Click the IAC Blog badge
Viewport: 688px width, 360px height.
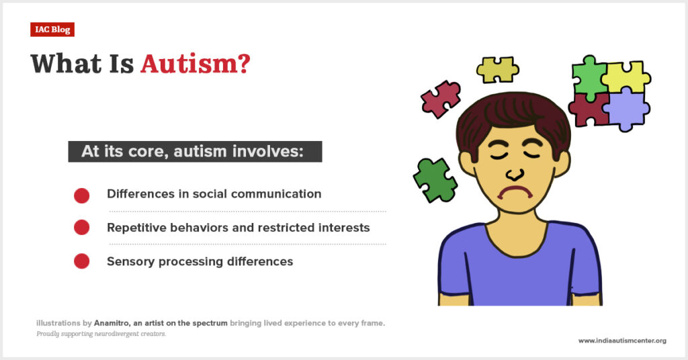click(52, 30)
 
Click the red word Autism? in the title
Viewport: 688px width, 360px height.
click(196, 64)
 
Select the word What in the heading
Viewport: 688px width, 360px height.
click(66, 64)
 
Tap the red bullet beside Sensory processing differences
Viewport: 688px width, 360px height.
click(81, 261)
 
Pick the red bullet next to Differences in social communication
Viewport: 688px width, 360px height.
click(81, 195)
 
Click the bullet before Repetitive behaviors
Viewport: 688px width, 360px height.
click(81, 228)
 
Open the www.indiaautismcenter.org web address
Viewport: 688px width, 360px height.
click(622, 341)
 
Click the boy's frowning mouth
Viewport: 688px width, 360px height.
click(515, 192)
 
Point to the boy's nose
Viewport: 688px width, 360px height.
click(514, 175)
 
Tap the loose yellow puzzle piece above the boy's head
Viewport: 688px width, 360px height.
click(498, 70)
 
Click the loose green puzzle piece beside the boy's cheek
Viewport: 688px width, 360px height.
click(435, 180)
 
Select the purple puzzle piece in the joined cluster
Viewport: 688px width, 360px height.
click(627, 109)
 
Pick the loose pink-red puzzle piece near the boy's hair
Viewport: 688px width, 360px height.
click(441, 99)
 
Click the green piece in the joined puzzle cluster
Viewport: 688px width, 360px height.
click(589, 77)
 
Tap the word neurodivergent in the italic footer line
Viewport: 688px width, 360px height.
click(116, 334)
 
